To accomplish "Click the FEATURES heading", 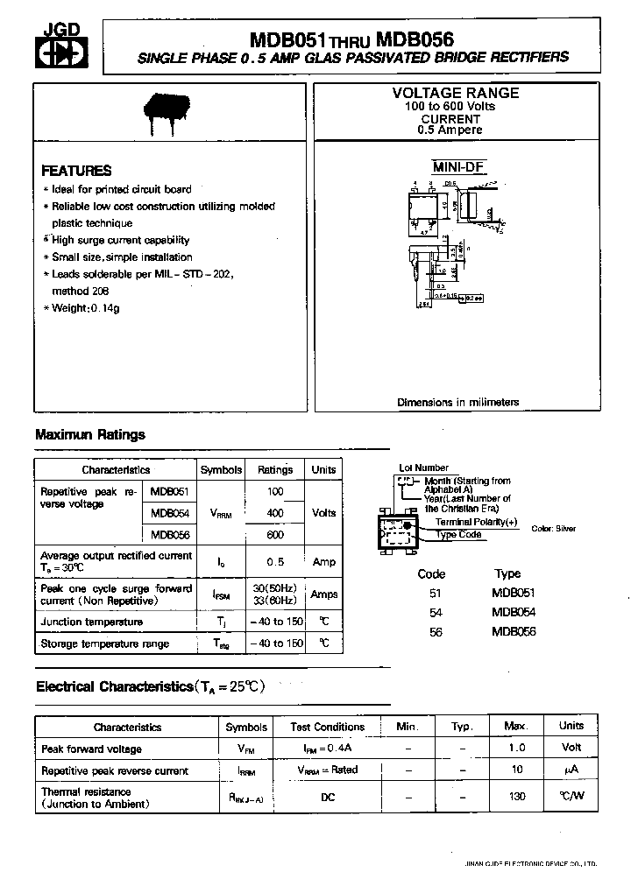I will (x=77, y=171).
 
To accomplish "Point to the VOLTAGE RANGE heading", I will (x=455, y=93).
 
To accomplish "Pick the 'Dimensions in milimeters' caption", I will (x=457, y=403).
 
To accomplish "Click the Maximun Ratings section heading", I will (x=90, y=434).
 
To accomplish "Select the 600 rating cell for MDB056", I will (x=275, y=535).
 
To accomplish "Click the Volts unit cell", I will (x=323, y=513).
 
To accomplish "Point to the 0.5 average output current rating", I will (x=275, y=561).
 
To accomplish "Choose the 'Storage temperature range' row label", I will (x=104, y=643).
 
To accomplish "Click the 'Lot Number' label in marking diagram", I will (x=423, y=468).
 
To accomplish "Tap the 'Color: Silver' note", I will (x=554, y=529).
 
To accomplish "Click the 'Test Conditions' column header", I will (x=328, y=727).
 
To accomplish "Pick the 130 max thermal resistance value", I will (x=517, y=797).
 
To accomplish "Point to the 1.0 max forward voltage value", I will (x=517, y=749).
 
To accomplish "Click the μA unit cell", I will (x=571, y=770).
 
